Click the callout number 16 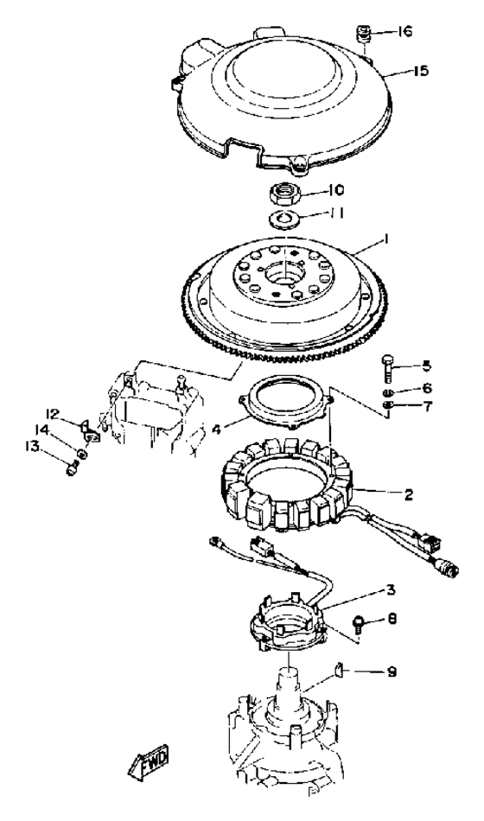(x=404, y=31)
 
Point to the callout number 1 (x=385, y=240)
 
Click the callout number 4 (x=216, y=430)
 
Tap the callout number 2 (x=409, y=493)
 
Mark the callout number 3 (x=391, y=590)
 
